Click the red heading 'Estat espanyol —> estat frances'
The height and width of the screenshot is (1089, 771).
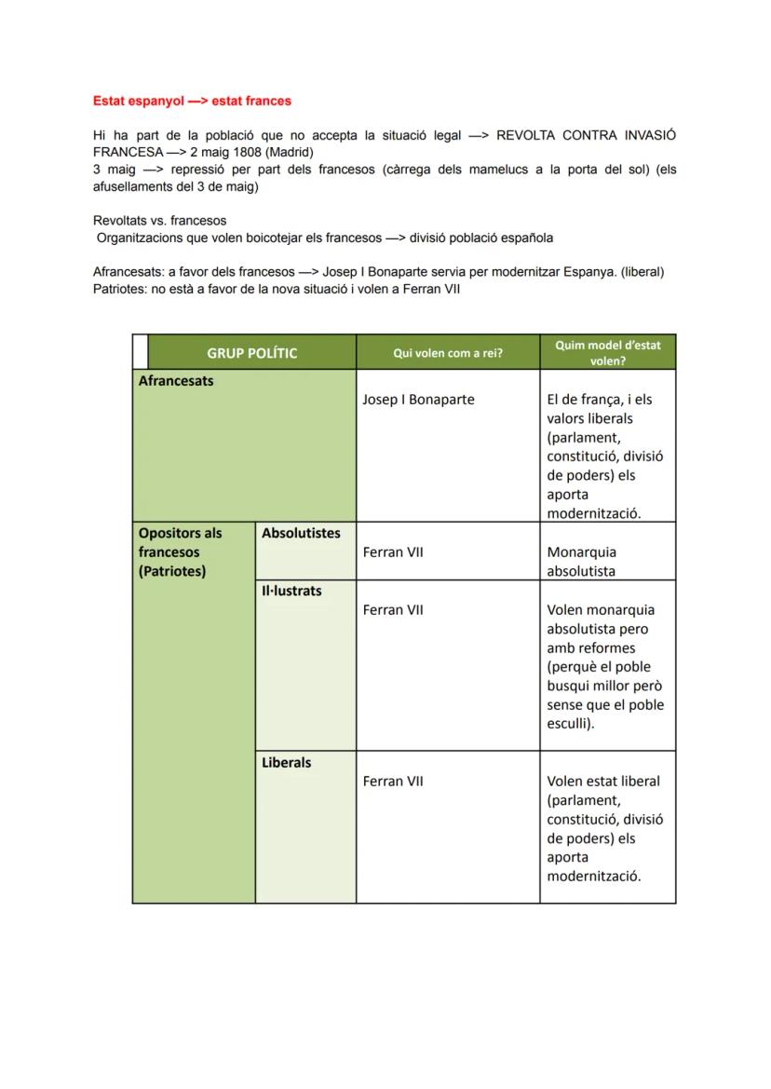pos(192,101)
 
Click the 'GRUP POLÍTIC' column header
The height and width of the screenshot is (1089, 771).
pos(251,353)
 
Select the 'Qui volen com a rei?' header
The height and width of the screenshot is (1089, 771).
pos(447,353)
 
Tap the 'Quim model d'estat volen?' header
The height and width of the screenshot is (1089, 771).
pos(607,352)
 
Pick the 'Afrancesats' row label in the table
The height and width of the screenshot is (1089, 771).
pos(176,381)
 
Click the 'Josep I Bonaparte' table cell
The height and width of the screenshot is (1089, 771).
pos(418,400)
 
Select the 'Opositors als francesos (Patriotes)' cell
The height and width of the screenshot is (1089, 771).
pos(181,552)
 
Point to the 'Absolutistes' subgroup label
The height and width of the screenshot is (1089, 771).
pos(301,534)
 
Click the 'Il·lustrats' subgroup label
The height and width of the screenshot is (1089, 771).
pos(291,591)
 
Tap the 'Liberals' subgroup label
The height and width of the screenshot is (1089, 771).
pos(286,762)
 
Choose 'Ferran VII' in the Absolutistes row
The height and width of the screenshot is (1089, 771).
pos(393,552)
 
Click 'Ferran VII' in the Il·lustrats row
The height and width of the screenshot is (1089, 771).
pos(393,610)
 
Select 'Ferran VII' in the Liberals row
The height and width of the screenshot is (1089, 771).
pos(393,782)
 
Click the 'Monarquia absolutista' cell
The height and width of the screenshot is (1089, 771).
pos(582,562)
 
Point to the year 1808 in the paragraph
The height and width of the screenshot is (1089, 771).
pos(246,152)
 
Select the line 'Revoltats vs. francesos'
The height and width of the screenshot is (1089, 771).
pos(159,221)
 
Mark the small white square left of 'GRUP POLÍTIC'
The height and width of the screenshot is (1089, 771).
pos(140,352)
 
